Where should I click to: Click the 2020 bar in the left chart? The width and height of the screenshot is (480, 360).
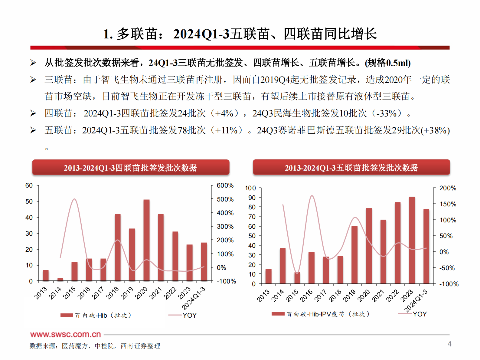[146, 240]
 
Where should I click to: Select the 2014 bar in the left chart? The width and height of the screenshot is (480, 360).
[60, 280]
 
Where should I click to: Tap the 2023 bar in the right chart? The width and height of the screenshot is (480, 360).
[412, 240]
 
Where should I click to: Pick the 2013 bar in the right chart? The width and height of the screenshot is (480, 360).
[268, 276]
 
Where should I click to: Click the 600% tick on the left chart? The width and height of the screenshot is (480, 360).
[225, 185]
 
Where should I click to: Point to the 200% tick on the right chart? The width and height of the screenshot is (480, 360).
[447, 188]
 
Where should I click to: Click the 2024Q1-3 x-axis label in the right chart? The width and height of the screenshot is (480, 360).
[417, 300]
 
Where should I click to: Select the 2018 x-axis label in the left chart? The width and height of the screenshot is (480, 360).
[113, 293]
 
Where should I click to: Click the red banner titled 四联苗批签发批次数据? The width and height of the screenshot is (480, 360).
[131, 168]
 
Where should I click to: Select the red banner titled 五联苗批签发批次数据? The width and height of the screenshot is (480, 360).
[351, 168]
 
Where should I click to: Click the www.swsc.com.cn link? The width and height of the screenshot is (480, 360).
[65, 334]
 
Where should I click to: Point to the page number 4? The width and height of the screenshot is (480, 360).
[449, 344]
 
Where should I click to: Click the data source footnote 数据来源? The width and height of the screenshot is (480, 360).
[95, 346]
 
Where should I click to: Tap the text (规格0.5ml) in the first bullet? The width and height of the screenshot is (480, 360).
[387, 63]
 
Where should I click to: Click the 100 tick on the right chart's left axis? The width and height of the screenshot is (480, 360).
[250, 188]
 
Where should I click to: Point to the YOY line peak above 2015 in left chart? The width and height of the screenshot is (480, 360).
[74, 199]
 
